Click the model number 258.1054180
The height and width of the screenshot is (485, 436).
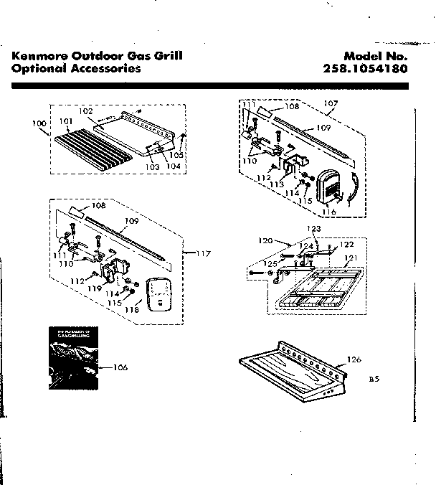[365, 70]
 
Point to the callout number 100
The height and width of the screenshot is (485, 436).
[40, 123]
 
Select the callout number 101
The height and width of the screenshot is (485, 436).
[65, 121]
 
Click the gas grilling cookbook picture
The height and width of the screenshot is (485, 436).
[71, 358]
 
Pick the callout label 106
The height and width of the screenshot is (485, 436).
[120, 367]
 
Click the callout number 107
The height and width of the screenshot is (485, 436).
[331, 103]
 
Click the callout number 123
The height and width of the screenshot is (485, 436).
[313, 229]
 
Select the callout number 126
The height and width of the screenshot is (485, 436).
[354, 359]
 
